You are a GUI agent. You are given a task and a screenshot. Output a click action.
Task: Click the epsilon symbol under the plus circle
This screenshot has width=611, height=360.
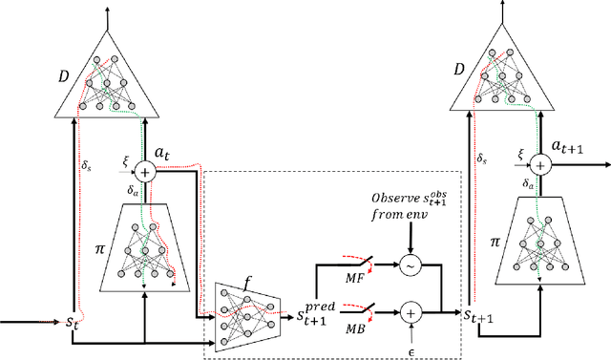coord(411,349)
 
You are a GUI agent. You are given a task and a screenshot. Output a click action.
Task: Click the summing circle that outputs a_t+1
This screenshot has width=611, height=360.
coord(539,164)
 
